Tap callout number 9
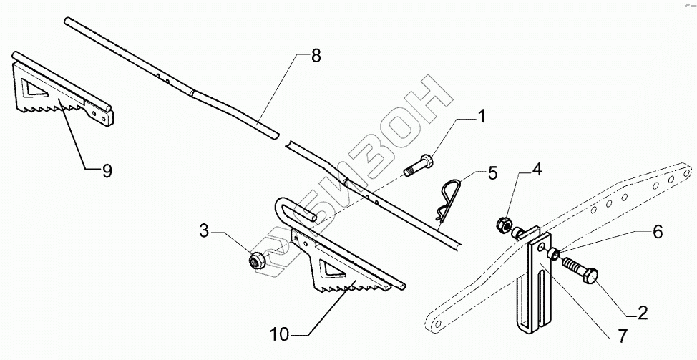pyautogui.click(x=107, y=170)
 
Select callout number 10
pyautogui.click(x=281, y=334)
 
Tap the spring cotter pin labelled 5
pyautogui.click(x=444, y=197)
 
